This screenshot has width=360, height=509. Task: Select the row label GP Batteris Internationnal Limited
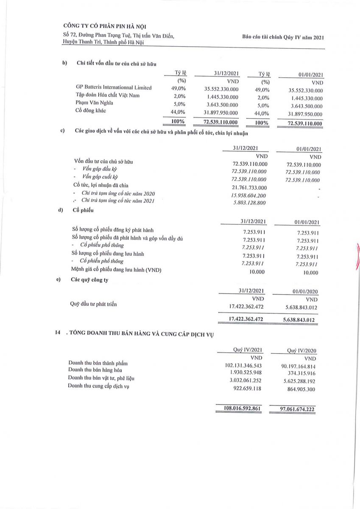coord(114,88)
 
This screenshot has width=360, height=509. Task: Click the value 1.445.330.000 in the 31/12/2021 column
coord(221,96)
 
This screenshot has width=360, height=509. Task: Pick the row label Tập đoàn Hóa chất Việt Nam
coord(108,95)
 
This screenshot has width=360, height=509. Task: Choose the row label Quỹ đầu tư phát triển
coord(94,304)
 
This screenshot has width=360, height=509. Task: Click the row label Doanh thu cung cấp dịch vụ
coord(98,386)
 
